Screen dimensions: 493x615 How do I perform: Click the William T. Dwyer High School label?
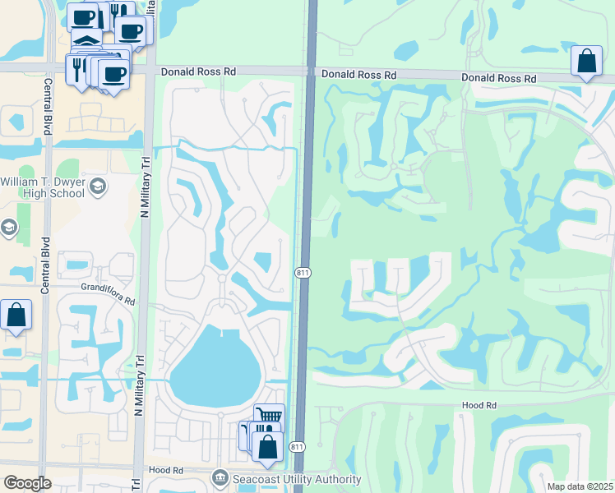pyautogui.click(x=44, y=187)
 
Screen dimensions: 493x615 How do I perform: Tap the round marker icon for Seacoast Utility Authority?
pyautogui.click(x=220, y=477)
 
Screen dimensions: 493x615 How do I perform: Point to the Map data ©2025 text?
pyautogui.click(x=580, y=486)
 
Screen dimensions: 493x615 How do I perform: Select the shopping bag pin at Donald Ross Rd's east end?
pyautogui.click(x=585, y=62)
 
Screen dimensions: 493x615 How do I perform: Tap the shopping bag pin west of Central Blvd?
pyautogui.click(x=16, y=315)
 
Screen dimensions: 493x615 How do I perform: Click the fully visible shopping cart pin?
pyautogui.click(x=269, y=417)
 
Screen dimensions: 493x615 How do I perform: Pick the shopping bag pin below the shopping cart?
pyautogui.click(x=268, y=448)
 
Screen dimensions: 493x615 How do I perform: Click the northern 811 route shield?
pyautogui.click(x=303, y=274)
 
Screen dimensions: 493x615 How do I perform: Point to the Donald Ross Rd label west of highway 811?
pyautogui.click(x=198, y=72)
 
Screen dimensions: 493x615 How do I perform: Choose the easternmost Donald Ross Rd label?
pyautogui.click(x=498, y=78)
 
